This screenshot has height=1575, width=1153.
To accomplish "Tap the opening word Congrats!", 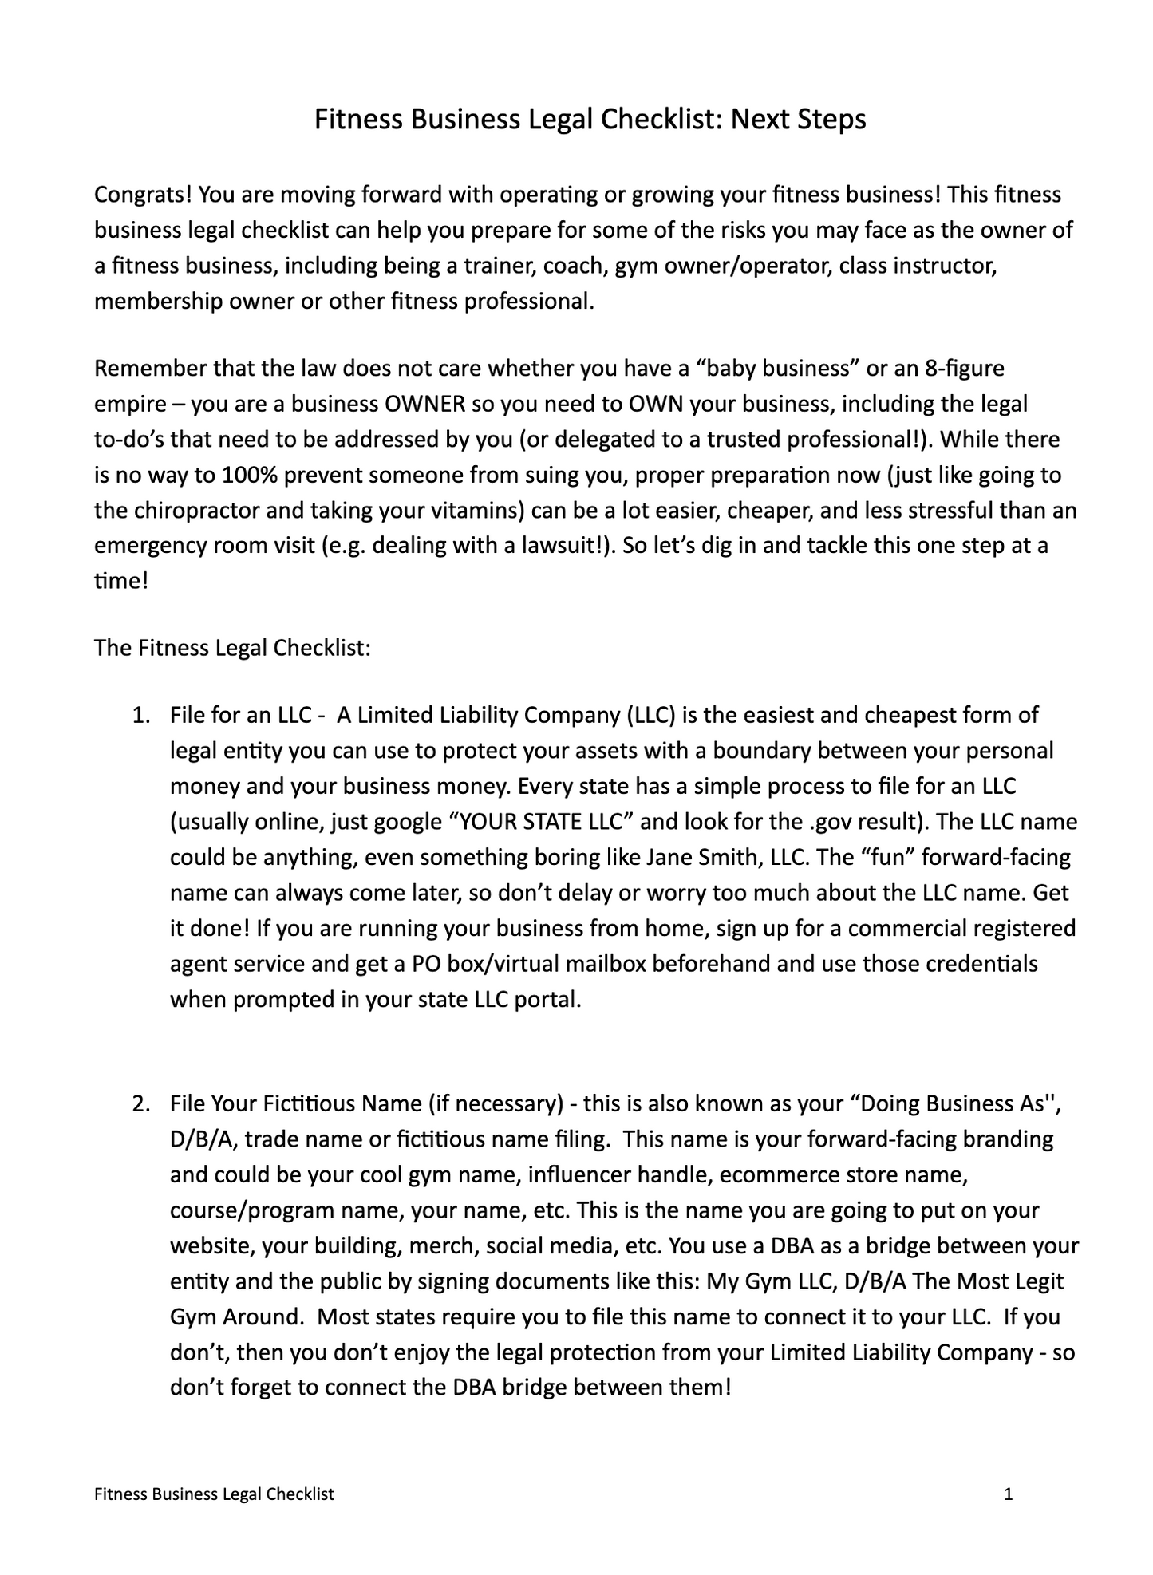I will pyautogui.click(x=143, y=195).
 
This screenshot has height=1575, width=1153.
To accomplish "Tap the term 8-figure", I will pyautogui.click(x=965, y=369).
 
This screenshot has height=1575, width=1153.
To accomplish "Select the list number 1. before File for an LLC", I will pyautogui.click(x=141, y=716).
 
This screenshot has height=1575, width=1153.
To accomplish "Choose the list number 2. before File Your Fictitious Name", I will pyautogui.click(x=141, y=1104).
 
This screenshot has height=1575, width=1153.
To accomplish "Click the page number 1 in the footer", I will pyautogui.click(x=1009, y=1494).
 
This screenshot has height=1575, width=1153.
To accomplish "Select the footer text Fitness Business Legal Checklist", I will pyautogui.click(x=214, y=1494).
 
